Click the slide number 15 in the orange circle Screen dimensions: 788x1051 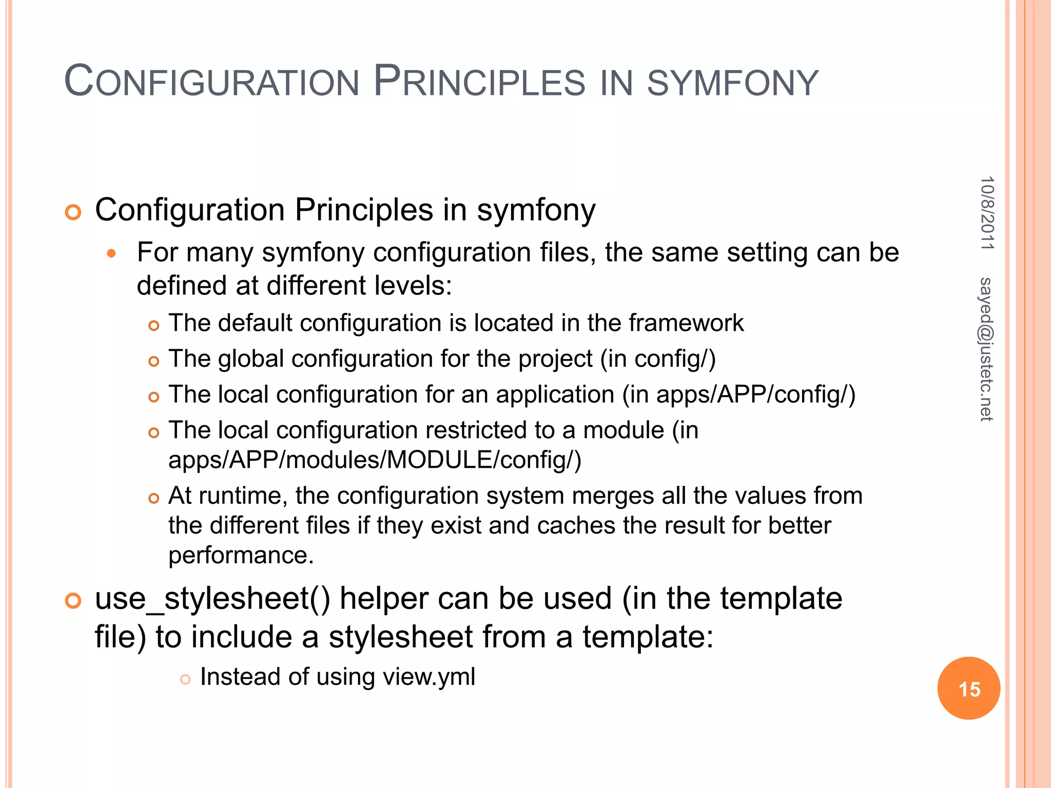(969, 689)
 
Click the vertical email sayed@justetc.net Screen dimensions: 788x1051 (986, 349)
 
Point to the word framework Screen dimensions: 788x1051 (686, 323)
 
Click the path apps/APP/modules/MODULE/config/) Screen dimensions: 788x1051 (375, 460)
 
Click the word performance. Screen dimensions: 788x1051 (241, 555)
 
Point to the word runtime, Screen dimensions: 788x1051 (243, 496)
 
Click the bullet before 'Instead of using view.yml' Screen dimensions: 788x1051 (185, 679)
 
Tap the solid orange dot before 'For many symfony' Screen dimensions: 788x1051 (112, 253)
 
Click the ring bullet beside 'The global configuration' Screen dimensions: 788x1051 (153, 361)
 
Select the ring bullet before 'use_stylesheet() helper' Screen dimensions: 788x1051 (73, 600)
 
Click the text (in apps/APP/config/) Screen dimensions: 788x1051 (739, 395)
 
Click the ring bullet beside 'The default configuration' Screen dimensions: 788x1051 (153, 325)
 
